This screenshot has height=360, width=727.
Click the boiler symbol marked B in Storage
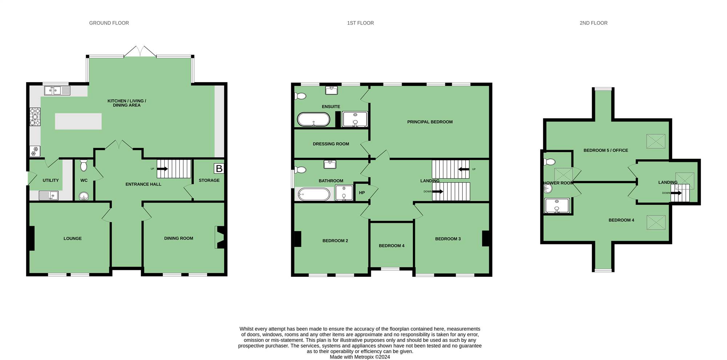point(219,168)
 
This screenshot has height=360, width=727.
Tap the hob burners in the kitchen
point(35,117)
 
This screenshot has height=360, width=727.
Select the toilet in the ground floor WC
point(84,165)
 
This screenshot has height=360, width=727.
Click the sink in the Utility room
point(49,196)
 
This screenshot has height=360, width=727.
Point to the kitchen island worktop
point(78,121)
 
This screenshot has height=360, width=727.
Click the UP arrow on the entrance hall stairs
point(162,169)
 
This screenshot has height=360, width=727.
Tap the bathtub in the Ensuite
point(314,119)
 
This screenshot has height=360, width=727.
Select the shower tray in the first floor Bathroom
point(344,193)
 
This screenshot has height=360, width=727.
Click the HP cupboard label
point(362,193)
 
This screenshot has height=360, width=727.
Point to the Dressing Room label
point(331,144)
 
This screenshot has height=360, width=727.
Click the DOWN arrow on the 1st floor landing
point(437,191)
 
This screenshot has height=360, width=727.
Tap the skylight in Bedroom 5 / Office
point(656,141)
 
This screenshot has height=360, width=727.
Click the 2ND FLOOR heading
point(594,23)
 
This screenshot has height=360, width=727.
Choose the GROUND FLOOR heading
point(109,23)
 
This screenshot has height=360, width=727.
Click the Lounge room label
point(73,239)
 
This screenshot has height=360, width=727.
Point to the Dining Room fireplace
point(220,237)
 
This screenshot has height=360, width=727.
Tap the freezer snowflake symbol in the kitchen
point(35,151)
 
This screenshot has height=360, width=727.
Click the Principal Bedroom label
point(430,122)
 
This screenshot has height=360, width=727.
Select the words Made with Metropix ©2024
point(360,357)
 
